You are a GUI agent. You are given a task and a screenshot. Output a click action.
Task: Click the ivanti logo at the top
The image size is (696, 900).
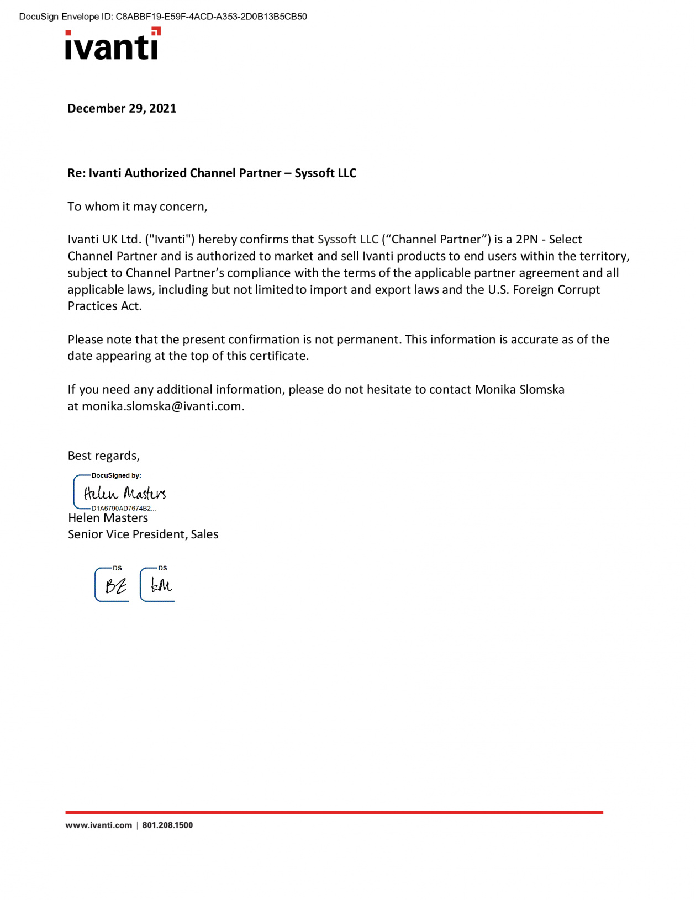click(113, 44)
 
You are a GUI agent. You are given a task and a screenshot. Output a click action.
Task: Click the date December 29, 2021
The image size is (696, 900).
click(122, 108)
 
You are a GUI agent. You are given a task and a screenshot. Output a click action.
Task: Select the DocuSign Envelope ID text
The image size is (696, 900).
click(163, 17)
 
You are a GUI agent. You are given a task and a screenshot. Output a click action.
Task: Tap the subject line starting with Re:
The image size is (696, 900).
click(212, 173)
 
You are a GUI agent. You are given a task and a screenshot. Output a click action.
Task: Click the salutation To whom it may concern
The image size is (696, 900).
click(137, 207)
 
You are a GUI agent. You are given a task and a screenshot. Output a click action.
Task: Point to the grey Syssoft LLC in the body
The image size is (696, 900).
click(348, 239)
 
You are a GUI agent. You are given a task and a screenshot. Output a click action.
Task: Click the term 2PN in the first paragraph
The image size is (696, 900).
click(526, 239)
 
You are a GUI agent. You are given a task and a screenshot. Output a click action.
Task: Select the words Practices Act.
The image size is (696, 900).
click(104, 306)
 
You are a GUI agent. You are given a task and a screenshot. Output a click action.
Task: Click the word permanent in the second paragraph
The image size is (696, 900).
click(368, 339)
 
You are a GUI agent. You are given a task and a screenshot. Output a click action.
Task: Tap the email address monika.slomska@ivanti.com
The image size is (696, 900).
click(161, 406)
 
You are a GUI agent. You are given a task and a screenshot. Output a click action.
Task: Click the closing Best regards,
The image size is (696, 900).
click(103, 456)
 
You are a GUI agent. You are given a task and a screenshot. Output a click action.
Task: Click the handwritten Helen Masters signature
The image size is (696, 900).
click(125, 493)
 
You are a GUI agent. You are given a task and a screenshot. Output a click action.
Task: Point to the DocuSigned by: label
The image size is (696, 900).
click(116, 475)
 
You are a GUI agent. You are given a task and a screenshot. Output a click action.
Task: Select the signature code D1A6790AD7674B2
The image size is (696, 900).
click(123, 508)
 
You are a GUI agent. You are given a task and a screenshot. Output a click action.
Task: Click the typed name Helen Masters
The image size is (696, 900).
click(108, 518)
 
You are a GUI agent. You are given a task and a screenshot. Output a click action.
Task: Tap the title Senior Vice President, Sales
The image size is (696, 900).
click(143, 534)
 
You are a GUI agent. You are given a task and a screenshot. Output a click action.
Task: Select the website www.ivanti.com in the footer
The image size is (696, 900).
click(98, 825)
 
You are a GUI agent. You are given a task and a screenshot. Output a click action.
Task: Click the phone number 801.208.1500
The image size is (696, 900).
click(167, 825)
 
